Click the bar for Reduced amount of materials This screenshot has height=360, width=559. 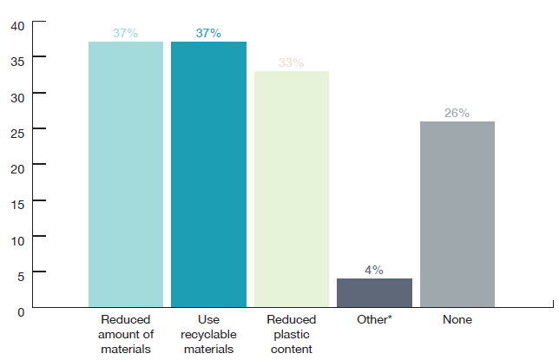(x=125, y=173)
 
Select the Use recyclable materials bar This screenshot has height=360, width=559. (x=208, y=173)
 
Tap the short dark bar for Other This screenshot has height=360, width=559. (x=374, y=292)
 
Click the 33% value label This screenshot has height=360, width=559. (x=291, y=62)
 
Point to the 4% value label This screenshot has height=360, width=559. (x=374, y=270)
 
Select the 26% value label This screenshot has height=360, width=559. (x=457, y=113)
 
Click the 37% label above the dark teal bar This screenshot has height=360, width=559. (x=208, y=33)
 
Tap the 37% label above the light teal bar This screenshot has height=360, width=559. (x=125, y=33)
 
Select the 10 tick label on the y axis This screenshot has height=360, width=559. (x=17, y=237)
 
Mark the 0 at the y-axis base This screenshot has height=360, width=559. (x=20, y=308)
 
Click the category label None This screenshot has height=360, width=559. (x=457, y=320)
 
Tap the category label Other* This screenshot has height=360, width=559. (x=374, y=320)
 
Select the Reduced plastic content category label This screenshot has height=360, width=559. (x=291, y=334)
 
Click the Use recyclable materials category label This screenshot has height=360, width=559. (x=208, y=334)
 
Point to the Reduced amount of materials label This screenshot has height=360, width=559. (x=125, y=334)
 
